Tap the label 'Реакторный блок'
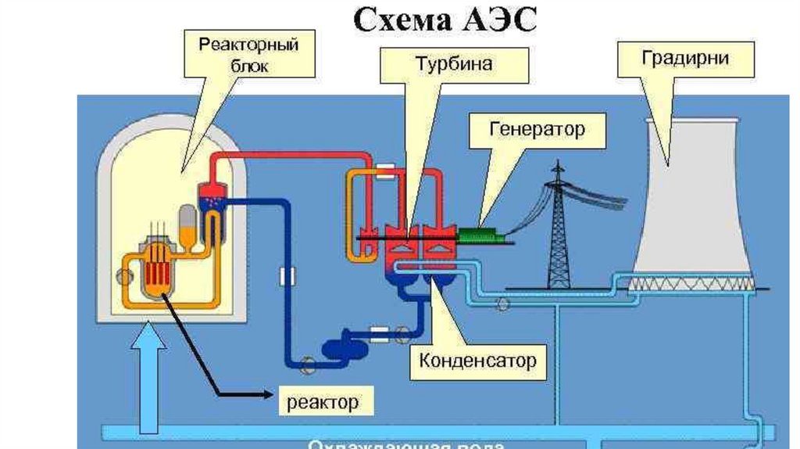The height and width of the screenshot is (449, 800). (x=248, y=54)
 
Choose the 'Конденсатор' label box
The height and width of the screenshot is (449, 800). (x=477, y=361)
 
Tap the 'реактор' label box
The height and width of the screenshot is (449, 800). (x=323, y=402)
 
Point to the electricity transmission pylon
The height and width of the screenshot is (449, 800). (x=558, y=227)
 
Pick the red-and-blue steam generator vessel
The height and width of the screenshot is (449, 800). (x=212, y=206)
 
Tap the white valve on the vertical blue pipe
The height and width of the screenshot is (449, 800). (x=286, y=275)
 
